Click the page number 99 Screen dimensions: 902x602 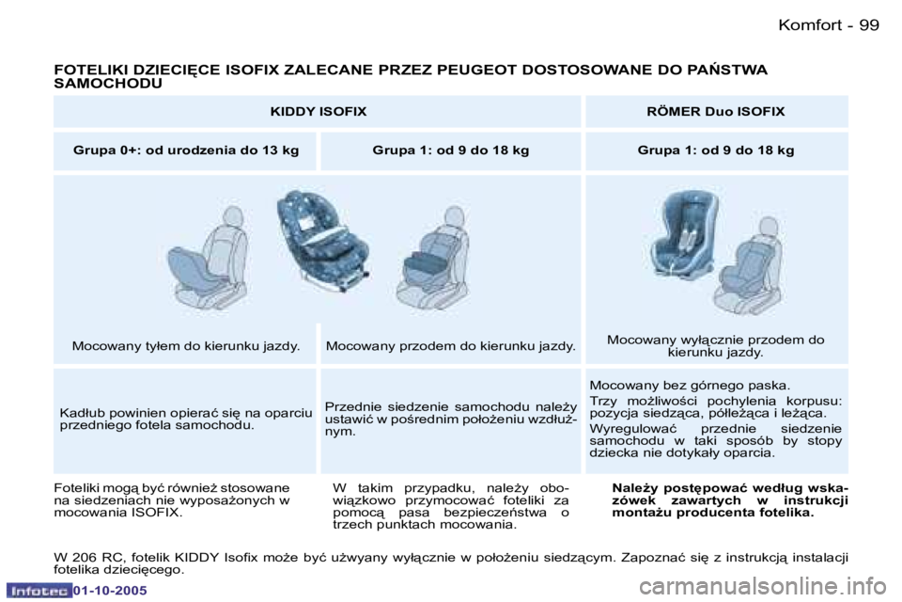[869, 24]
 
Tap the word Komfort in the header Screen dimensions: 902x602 [810, 24]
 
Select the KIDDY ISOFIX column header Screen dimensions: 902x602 [319, 111]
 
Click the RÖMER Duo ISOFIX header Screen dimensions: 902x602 [716, 111]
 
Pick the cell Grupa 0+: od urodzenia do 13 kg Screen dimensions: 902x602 [186, 150]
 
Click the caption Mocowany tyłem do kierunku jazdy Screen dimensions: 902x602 [186, 346]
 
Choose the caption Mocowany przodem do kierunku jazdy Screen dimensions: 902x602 [450, 346]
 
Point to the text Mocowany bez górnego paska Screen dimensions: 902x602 [690, 386]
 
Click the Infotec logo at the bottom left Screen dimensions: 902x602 [39, 591]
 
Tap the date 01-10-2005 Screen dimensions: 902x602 [110, 591]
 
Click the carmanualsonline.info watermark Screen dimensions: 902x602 [763, 587]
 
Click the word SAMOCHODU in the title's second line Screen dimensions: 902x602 [108, 84]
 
